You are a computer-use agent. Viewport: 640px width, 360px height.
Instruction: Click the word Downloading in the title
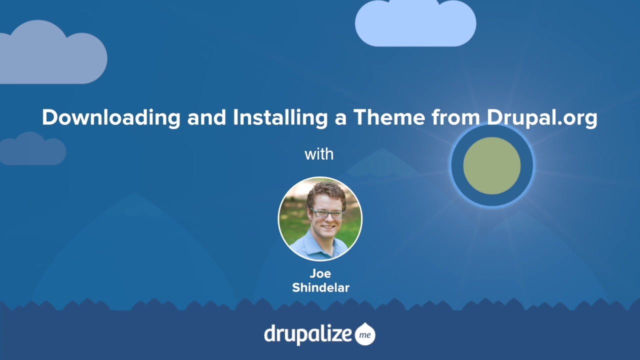coord(111,117)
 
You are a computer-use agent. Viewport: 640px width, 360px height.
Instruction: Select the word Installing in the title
coord(280,117)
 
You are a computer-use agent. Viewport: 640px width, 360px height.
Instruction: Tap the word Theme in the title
coord(389,117)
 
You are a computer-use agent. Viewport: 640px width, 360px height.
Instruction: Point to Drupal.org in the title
coord(542,117)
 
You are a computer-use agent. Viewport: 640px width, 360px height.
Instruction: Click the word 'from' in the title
coord(456,117)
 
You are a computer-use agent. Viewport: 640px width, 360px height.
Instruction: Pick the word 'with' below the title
coord(319,154)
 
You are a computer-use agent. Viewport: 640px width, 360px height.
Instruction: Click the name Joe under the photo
coord(320,273)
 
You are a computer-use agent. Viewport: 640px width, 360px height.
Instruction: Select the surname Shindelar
coord(320,287)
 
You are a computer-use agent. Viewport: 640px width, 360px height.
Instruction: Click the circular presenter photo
coord(320,219)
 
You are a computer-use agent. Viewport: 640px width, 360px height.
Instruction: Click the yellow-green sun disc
coord(491,165)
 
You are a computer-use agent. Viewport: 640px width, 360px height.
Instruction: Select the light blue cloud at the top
coord(415,23)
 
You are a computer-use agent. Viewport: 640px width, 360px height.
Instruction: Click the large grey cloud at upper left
coord(51,53)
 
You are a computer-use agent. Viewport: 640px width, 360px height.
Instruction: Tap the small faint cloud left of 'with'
coord(32,149)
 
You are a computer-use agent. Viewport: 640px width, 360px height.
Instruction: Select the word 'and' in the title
coord(207,117)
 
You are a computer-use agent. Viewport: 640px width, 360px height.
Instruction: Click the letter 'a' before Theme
coord(340,119)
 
